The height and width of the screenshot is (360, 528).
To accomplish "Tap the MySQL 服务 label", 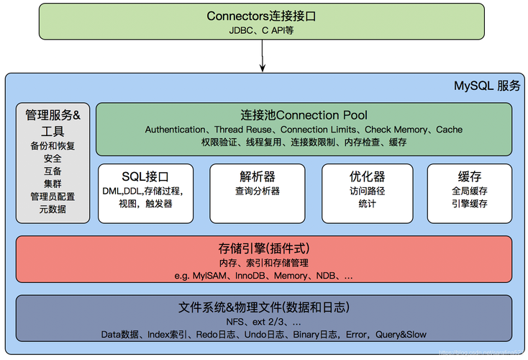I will click(486, 85).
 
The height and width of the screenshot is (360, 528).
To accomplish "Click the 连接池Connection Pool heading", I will click(304, 115).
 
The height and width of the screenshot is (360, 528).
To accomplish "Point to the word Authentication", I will click(175, 130).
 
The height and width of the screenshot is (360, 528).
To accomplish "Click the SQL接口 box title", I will click(145, 176).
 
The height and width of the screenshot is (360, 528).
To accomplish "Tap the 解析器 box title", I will click(257, 176).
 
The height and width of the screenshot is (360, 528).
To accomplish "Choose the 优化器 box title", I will click(367, 176).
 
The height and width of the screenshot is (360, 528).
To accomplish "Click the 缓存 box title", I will click(469, 176).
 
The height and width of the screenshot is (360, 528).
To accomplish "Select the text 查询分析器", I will click(257, 191).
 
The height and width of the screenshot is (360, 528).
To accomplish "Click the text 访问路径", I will click(367, 191).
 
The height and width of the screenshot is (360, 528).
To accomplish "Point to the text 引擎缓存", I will click(469, 204).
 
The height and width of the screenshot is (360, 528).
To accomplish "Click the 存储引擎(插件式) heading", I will click(263, 248).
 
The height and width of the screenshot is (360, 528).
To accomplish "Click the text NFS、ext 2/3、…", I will click(263, 321).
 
